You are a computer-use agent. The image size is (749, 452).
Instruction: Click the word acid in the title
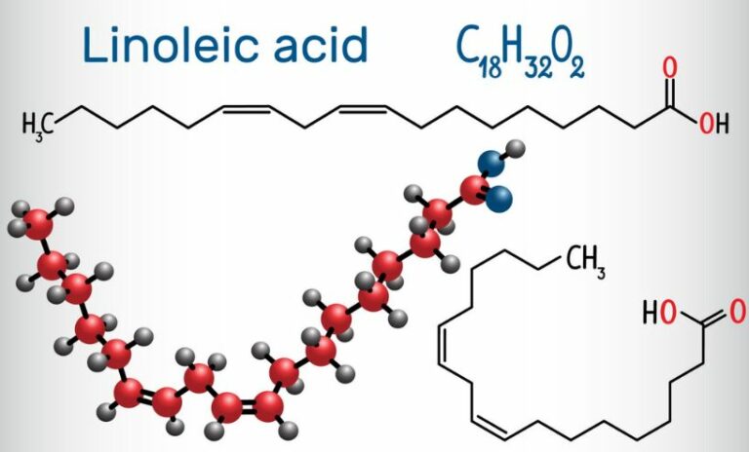point(322,45)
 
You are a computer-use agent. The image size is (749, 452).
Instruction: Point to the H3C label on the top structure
point(38,125)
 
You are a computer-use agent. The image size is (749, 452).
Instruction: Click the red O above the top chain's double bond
point(670,68)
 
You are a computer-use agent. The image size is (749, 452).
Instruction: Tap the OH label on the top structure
point(714,124)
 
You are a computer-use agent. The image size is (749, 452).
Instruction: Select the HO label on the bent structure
point(659,312)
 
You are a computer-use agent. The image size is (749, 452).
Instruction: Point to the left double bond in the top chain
point(247,109)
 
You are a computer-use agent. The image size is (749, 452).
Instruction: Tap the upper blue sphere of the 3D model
point(492,164)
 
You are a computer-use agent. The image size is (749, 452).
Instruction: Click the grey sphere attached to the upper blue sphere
point(515,149)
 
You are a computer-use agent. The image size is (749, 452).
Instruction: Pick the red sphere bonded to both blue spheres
point(475,190)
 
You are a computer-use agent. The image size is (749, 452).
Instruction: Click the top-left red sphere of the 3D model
point(38,223)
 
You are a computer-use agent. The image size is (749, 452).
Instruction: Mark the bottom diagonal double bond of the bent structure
point(490,428)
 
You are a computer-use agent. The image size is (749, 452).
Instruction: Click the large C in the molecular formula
point(468,46)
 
